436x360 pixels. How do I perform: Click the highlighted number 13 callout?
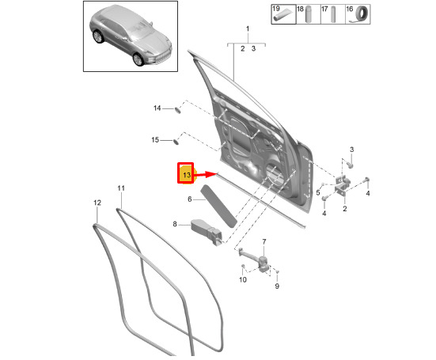pos(185,173)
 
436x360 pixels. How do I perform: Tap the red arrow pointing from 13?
pos(205,175)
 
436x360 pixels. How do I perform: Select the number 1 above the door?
pos(248,28)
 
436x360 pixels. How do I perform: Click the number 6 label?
pos(190,199)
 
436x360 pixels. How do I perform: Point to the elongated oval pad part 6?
pos(219,206)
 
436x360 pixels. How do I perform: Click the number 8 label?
pos(175,224)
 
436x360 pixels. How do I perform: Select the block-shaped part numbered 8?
pos(207,232)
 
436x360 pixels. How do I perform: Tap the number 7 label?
pos(263,242)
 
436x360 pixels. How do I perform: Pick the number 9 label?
pos(277,286)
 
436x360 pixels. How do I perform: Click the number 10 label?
pos(243,279)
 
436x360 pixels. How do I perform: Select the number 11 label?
pos(121,188)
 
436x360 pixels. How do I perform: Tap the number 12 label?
pos(97,203)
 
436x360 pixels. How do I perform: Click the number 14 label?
pos(157,108)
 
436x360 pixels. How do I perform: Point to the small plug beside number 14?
pos(177,109)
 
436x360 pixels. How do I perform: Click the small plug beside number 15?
pos(176,141)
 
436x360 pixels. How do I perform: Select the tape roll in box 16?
pos(361,14)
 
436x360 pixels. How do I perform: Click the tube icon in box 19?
pos(282,16)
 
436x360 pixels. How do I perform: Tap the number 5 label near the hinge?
pos(318,192)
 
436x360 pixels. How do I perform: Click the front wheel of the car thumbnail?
pos(138,59)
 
